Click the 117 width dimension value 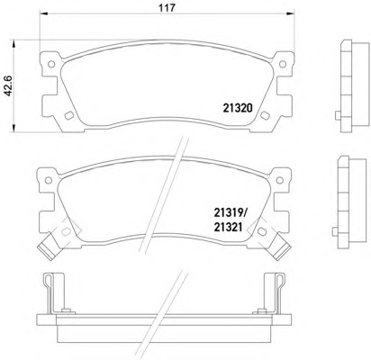(x=167, y=8)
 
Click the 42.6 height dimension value (x=8, y=85)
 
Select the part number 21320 (x=238, y=108)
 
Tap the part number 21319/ (x=230, y=213)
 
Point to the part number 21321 (x=228, y=227)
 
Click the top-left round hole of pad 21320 (x=51, y=64)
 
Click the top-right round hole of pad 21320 (x=283, y=64)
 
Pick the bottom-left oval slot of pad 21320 (x=69, y=115)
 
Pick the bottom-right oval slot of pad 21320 (x=265, y=115)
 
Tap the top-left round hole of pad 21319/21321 (x=49, y=180)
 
